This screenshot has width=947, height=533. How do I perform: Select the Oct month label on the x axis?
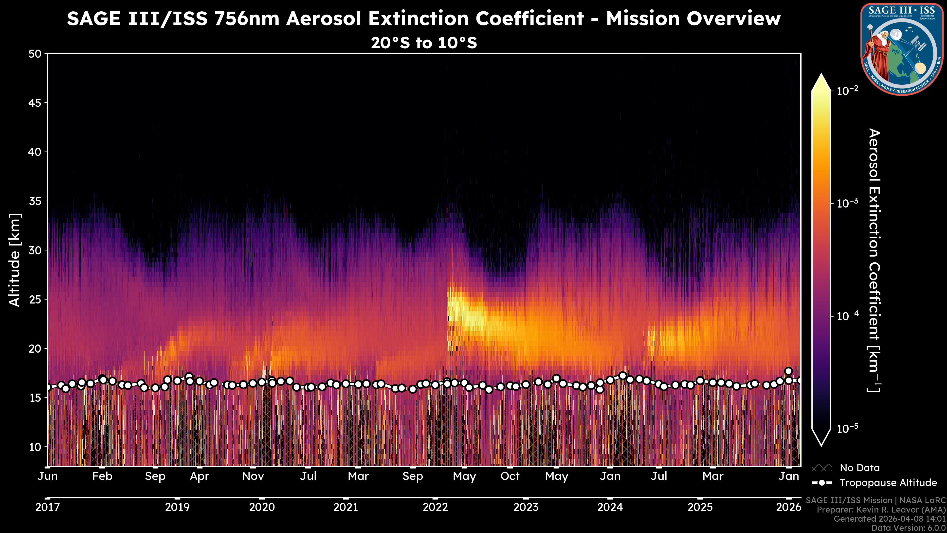[x=510, y=476]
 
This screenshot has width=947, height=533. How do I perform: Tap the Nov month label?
[x=253, y=476]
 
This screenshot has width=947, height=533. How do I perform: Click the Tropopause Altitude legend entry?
[x=888, y=483]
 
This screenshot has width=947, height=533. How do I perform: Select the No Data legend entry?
[x=859, y=468]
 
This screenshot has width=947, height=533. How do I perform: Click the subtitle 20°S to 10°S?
[x=424, y=43]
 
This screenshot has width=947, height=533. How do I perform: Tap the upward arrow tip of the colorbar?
[x=821, y=76]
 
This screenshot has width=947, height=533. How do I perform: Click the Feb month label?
[x=102, y=476]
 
